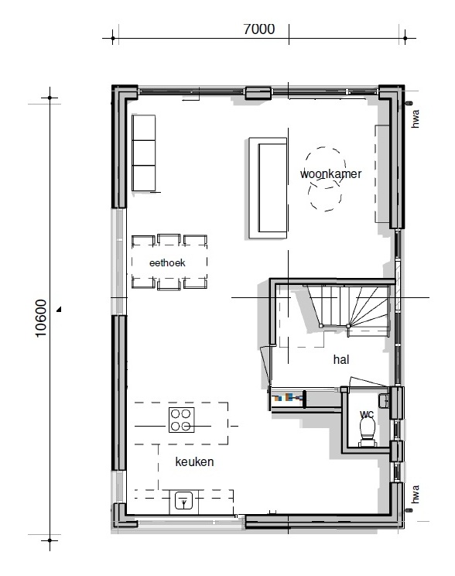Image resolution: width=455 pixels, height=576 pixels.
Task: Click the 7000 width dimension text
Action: [259, 29]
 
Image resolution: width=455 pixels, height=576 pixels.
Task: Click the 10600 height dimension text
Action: [41, 318]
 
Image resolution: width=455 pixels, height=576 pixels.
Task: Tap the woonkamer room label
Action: [330, 173]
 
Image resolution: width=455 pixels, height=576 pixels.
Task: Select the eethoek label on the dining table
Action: [167, 262]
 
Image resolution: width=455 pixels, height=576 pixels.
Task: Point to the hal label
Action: [341, 359]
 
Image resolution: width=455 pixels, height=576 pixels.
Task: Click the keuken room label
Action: [194, 461]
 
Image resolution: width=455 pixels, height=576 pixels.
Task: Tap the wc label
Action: [367, 414]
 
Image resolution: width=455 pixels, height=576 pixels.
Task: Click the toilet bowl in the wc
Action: [368, 432]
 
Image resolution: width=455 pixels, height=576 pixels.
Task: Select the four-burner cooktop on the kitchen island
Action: [181, 420]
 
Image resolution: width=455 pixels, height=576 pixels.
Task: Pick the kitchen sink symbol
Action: [183, 501]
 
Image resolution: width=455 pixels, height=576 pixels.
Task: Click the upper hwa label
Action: [415, 118]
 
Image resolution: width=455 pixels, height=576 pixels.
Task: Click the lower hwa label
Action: [415, 495]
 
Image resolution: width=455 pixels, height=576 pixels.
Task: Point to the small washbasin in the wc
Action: [383, 400]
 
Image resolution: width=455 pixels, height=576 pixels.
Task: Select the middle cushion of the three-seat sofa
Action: [144, 153]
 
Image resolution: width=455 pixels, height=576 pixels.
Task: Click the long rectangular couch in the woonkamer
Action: [268, 188]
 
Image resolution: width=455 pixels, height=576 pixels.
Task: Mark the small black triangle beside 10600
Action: [59, 310]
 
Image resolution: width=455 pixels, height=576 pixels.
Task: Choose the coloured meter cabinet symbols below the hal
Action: [289, 397]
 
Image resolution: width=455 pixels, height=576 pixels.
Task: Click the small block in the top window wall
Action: [258, 93]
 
